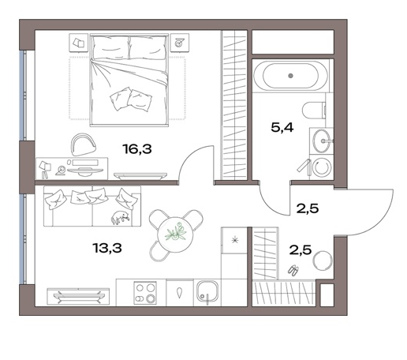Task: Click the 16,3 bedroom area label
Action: tap(137, 149)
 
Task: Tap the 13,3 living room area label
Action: tap(107, 248)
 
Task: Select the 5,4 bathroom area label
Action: tap(282, 128)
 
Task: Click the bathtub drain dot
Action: tap(290, 76)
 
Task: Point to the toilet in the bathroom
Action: tap(314, 110)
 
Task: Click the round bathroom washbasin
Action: tap(321, 141)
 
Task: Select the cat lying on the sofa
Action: tap(121, 217)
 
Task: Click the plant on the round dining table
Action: tap(175, 232)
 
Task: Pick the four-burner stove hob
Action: tap(145, 293)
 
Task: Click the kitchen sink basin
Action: tap(207, 292)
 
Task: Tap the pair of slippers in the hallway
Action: tap(293, 270)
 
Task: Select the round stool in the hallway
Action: tap(323, 261)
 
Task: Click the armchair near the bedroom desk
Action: tap(83, 144)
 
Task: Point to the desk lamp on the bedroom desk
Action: tap(44, 170)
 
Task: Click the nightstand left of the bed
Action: tap(78, 43)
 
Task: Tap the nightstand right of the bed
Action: tap(180, 43)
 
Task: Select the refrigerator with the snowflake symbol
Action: tap(234, 240)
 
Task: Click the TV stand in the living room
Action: tap(78, 297)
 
